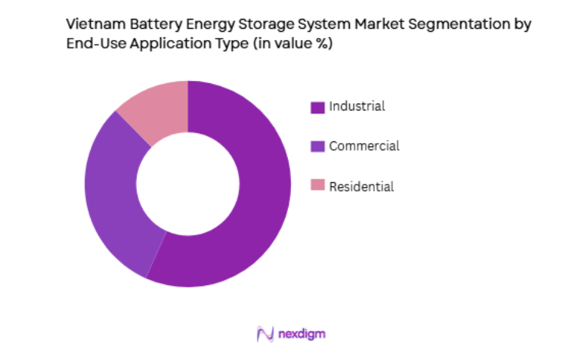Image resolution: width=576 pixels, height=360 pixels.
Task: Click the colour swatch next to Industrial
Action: (x=317, y=107)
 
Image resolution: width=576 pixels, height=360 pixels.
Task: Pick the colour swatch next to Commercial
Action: (x=317, y=147)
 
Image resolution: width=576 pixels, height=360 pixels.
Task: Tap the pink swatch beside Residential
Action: (x=317, y=186)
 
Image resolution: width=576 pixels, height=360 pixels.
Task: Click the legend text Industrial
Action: (x=357, y=107)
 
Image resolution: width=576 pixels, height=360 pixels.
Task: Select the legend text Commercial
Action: (x=364, y=146)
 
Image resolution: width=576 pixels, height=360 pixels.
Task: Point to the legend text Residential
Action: (x=361, y=186)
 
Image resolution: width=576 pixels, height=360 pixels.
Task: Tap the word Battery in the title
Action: (x=148, y=24)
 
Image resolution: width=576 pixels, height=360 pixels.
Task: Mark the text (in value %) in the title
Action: (x=288, y=45)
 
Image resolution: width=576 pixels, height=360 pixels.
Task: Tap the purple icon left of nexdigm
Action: (x=264, y=334)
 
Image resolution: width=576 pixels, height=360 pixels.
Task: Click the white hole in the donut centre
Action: (x=187, y=184)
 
